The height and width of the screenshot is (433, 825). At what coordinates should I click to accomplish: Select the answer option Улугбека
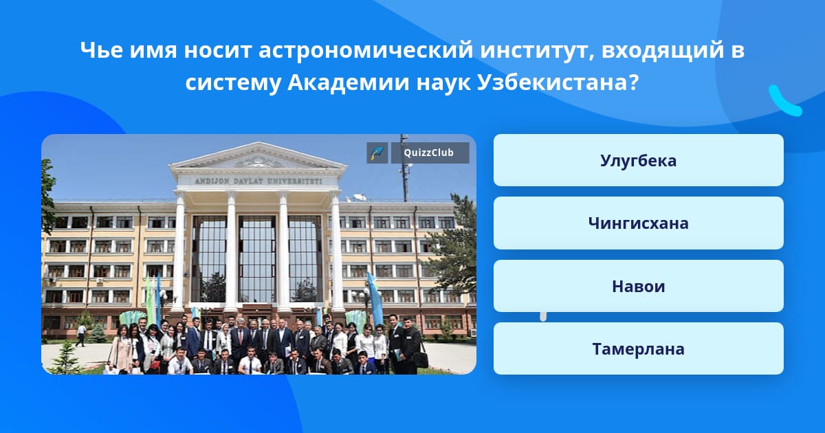[638, 160]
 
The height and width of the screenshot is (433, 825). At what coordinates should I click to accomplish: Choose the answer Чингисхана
[638, 223]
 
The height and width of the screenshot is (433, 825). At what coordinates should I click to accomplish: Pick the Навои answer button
[638, 286]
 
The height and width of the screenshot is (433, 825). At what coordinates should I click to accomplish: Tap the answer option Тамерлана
[638, 348]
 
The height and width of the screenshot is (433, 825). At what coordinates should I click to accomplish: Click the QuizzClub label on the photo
[430, 153]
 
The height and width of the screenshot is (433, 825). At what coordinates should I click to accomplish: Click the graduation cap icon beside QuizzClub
[377, 153]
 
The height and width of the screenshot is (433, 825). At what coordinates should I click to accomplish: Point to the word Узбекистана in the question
[558, 83]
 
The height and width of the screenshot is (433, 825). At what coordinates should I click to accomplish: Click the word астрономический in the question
[366, 50]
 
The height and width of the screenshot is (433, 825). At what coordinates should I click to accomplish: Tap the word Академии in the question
[348, 83]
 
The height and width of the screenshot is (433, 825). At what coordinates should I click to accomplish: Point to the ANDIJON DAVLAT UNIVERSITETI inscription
[258, 181]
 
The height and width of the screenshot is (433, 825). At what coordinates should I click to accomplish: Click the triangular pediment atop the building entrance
[258, 157]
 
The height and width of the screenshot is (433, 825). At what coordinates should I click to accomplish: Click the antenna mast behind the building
[405, 168]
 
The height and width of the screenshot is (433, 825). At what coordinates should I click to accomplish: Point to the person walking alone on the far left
[81, 335]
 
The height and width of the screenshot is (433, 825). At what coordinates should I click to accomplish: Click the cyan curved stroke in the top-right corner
[784, 101]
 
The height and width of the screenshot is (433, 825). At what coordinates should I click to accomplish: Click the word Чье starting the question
[101, 50]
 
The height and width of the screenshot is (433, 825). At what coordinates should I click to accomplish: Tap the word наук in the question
[443, 83]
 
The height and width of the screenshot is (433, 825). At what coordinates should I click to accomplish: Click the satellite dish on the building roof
[360, 197]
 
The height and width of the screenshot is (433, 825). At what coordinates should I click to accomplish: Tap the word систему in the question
[233, 83]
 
